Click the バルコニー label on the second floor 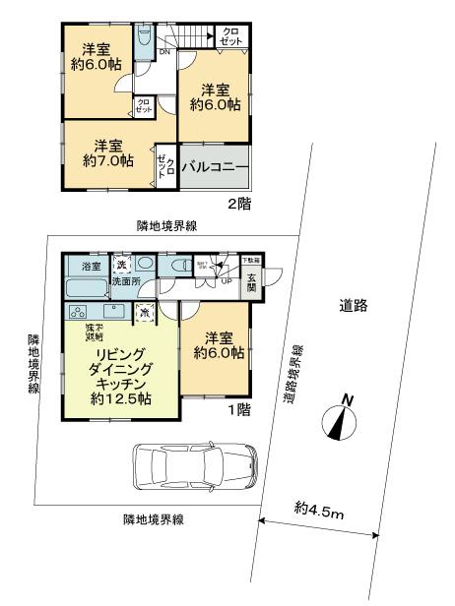click(x=214, y=167)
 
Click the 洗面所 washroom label click(x=126, y=282)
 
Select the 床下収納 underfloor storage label click(x=95, y=330)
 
